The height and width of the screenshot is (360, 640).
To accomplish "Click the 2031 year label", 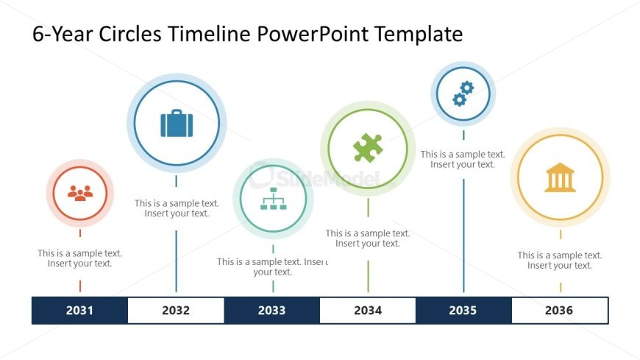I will pos(79,311).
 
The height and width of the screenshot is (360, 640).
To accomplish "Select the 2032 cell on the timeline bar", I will pos(176,311).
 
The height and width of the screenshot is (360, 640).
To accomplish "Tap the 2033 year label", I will pos(271,311).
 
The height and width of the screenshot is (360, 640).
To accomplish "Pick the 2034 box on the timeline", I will pos(368,311).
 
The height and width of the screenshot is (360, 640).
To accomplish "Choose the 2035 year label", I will pos(463,311).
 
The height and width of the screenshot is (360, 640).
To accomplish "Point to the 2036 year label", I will pos(559,311).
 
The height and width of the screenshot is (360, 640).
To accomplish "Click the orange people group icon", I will pos(80,193).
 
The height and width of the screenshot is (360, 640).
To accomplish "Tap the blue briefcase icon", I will pos(177,123).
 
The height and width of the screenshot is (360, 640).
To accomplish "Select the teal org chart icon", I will pos(273,199).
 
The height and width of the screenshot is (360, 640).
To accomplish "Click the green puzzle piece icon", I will pos(368,148).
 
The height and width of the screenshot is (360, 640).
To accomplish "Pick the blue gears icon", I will pos(463,93).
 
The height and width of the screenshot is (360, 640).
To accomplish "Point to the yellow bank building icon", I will pos(560,177).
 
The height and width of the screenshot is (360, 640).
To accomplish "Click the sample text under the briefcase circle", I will pos(177,208).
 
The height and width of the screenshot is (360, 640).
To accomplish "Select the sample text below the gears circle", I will pos(463,160).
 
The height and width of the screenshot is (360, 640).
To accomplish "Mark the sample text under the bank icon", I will pos(560,261).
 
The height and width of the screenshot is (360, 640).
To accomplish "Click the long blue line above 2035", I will pos(463,236).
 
